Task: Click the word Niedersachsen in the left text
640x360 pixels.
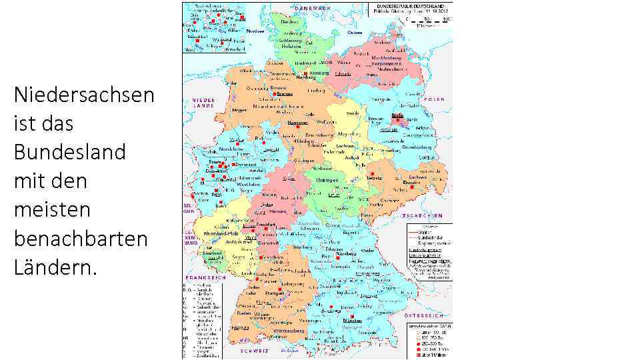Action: [x=83, y=95]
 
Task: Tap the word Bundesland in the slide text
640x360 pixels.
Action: [x=69, y=152]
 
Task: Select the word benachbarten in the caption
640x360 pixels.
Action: [x=80, y=238]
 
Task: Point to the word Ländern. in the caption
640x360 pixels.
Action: [x=55, y=267]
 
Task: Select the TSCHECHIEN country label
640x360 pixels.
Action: [x=423, y=216]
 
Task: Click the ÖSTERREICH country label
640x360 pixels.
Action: [x=424, y=314]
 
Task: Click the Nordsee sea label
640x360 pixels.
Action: [x=255, y=31]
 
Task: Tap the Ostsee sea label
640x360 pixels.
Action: [x=355, y=32]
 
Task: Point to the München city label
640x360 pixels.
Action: [x=351, y=321]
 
